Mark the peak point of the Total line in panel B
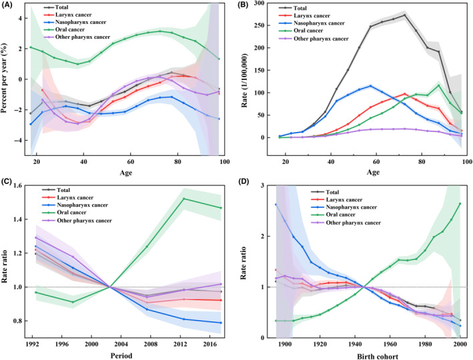point(404,15)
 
